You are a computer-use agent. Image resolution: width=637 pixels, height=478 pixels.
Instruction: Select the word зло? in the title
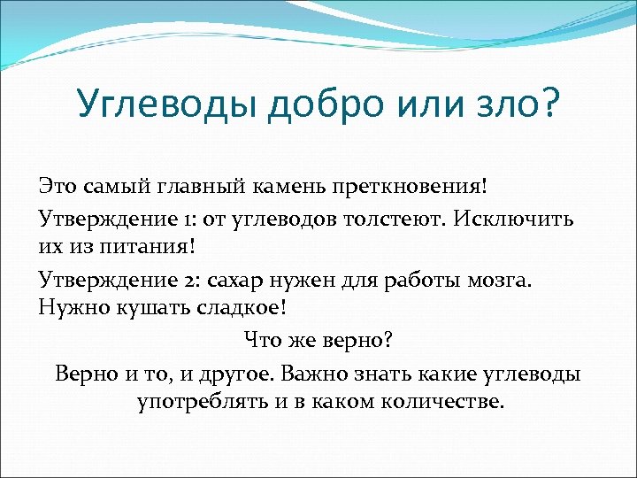519,104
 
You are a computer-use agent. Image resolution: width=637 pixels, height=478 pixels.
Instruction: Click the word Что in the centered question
262,341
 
